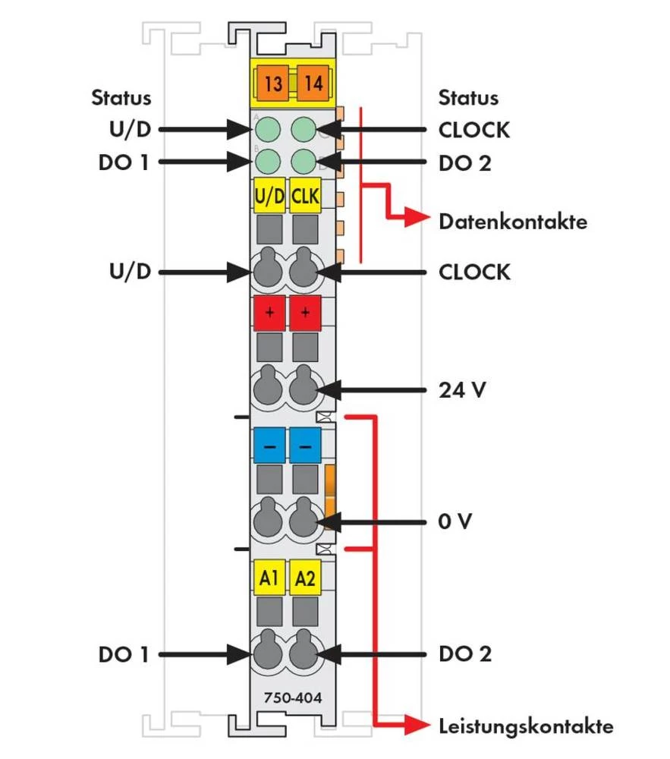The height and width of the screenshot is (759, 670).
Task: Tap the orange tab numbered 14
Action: (x=313, y=83)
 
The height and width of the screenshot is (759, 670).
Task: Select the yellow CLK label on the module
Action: (x=305, y=197)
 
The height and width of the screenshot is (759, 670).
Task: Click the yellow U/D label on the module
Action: (x=269, y=197)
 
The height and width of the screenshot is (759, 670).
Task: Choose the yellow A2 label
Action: (x=305, y=578)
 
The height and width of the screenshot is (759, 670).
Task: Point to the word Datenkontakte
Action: (x=512, y=222)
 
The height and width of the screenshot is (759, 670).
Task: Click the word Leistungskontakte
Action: (x=526, y=726)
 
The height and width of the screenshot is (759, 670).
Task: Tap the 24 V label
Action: (x=462, y=391)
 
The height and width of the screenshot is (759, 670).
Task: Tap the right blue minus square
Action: (x=305, y=447)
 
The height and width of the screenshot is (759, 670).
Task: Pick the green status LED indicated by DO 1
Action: (x=267, y=162)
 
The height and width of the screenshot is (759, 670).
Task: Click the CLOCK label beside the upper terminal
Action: (x=474, y=272)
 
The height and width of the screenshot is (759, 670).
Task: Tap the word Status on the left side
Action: (x=121, y=98)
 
